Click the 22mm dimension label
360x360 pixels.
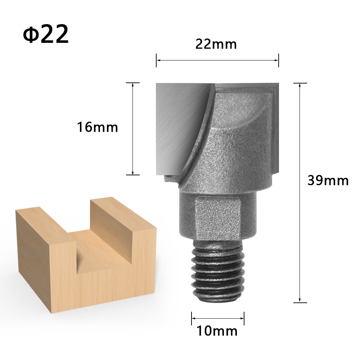pos(216,44)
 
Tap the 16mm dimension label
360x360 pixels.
pos(97,127)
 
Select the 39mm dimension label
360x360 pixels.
pos(328,180)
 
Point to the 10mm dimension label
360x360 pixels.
pos(217,330)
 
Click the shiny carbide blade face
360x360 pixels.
pos(176,122)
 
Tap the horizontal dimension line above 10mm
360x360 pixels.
pos(217,318)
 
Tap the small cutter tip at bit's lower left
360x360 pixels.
pos(171,179)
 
